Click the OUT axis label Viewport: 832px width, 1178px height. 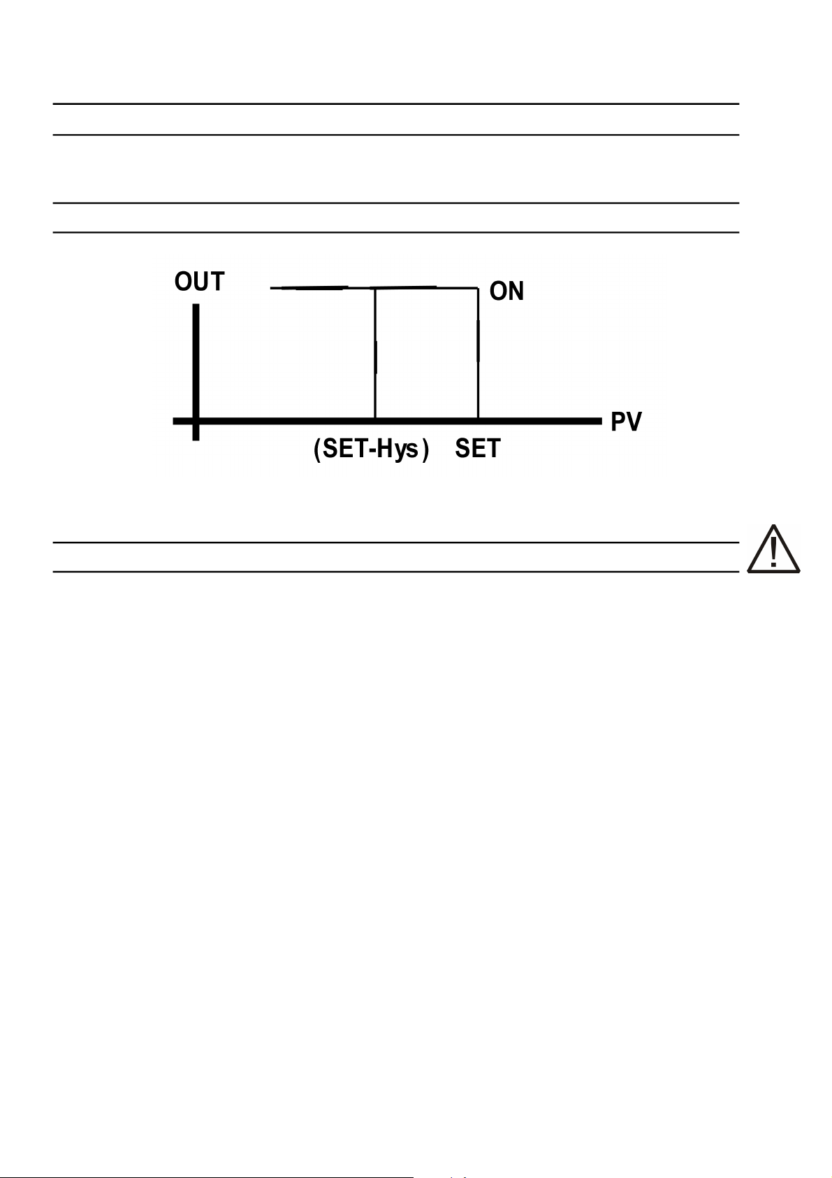point(199,282)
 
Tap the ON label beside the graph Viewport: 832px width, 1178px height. point(506,291)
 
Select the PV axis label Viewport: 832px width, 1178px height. point(626,422)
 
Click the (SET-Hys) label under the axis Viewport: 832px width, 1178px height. point(371,448)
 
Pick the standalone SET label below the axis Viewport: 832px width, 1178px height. point(478,448)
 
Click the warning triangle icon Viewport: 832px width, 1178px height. point(773,550)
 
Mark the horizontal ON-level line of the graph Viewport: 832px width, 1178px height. point(321,287)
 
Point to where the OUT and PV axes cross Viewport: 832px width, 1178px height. point(196,421)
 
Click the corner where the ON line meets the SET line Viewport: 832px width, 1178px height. point(478,287)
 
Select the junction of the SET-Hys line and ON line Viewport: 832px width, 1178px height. point(375,287)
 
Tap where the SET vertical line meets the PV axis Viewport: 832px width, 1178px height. point(478,420)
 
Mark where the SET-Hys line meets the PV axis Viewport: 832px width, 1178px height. point(375,420)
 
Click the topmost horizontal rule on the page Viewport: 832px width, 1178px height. point(396,104)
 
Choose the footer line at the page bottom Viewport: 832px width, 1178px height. point(210,1177)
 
